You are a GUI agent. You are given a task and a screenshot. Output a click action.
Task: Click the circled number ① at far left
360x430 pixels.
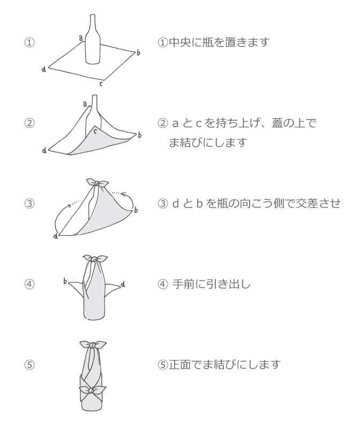(x=29, y=42)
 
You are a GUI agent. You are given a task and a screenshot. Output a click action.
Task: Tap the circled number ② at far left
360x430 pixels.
(x=29, y=123)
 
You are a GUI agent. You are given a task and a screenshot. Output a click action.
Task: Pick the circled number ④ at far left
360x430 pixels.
(x=29, y=284)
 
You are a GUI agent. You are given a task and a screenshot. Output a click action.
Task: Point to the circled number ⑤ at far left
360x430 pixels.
(x=29, y=365)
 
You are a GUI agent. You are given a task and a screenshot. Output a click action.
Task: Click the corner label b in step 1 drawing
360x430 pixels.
(x=139, y=52)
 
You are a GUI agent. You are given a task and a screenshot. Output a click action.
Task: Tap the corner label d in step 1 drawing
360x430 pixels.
(x=43, y=69)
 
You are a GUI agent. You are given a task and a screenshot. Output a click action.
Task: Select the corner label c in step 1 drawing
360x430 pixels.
(x=101, y=84)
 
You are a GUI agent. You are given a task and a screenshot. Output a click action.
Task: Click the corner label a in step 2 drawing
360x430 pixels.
(x=85, y=104)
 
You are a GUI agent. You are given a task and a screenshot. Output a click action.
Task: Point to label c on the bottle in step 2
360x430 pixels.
(x=96, y=131)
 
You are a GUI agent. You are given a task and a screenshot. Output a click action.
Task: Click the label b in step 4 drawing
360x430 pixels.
(x=65, y=281)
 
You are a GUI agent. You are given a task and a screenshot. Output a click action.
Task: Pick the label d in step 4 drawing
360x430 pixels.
(x=123, y=284)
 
